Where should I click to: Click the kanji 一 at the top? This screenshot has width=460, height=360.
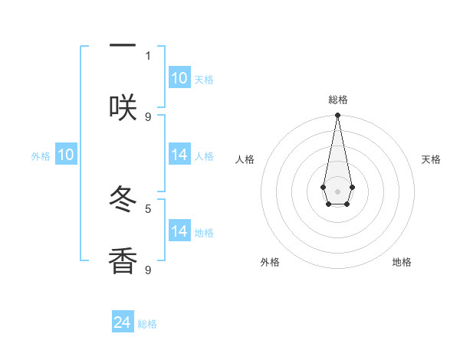tap(123, 47)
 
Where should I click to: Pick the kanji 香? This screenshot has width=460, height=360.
tap(123, 260)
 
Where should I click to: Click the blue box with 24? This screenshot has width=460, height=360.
tap(123, 322)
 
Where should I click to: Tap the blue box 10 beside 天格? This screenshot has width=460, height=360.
tap(179, 78)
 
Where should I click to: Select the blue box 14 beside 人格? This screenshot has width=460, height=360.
tap(179, 155)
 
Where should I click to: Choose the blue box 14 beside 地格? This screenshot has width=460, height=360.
tap(179, 231)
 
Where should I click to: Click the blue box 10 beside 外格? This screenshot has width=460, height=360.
tap(66, 155)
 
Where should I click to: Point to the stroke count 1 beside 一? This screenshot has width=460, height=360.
tap(148, 55)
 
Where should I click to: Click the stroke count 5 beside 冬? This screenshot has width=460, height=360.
tap(148, 208)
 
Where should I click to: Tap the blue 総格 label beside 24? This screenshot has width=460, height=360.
tap(147, 324)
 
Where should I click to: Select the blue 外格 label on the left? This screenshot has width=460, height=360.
tap(41, 155)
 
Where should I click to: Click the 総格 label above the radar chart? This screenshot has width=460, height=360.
tap(337, 100)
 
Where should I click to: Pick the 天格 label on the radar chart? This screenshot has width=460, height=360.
tap(431, 159)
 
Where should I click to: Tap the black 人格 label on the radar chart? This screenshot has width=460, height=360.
tap(245, 159)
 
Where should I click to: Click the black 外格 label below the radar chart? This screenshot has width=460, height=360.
tap(270, 262)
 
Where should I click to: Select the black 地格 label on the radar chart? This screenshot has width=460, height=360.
tap(402, 262)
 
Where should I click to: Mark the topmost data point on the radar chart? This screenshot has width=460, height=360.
tap(337, 116)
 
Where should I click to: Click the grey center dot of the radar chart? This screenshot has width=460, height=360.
tap(337, 191)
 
